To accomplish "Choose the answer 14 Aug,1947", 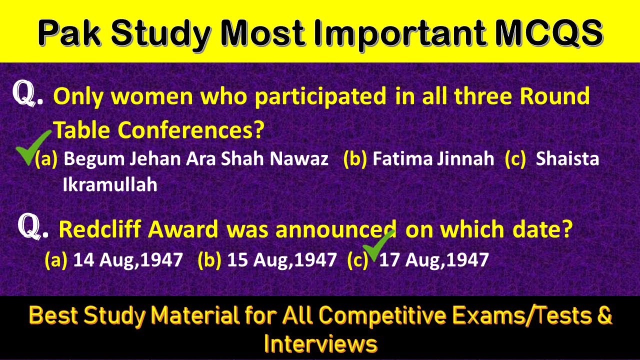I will click(x=128, y=260).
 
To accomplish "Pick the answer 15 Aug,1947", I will click(x=282, y=260).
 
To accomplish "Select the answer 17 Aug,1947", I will click(x=433, y=260).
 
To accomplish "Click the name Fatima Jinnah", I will click(x=433, y=159).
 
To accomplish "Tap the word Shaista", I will click(x=567, y=159).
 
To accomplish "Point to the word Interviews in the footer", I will click(x=320, y=344).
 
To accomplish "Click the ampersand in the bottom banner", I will click(x=604, y=316).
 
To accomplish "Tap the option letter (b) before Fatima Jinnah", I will click(x=355, y=159).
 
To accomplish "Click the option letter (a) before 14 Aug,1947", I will click(x=55, y=260).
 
